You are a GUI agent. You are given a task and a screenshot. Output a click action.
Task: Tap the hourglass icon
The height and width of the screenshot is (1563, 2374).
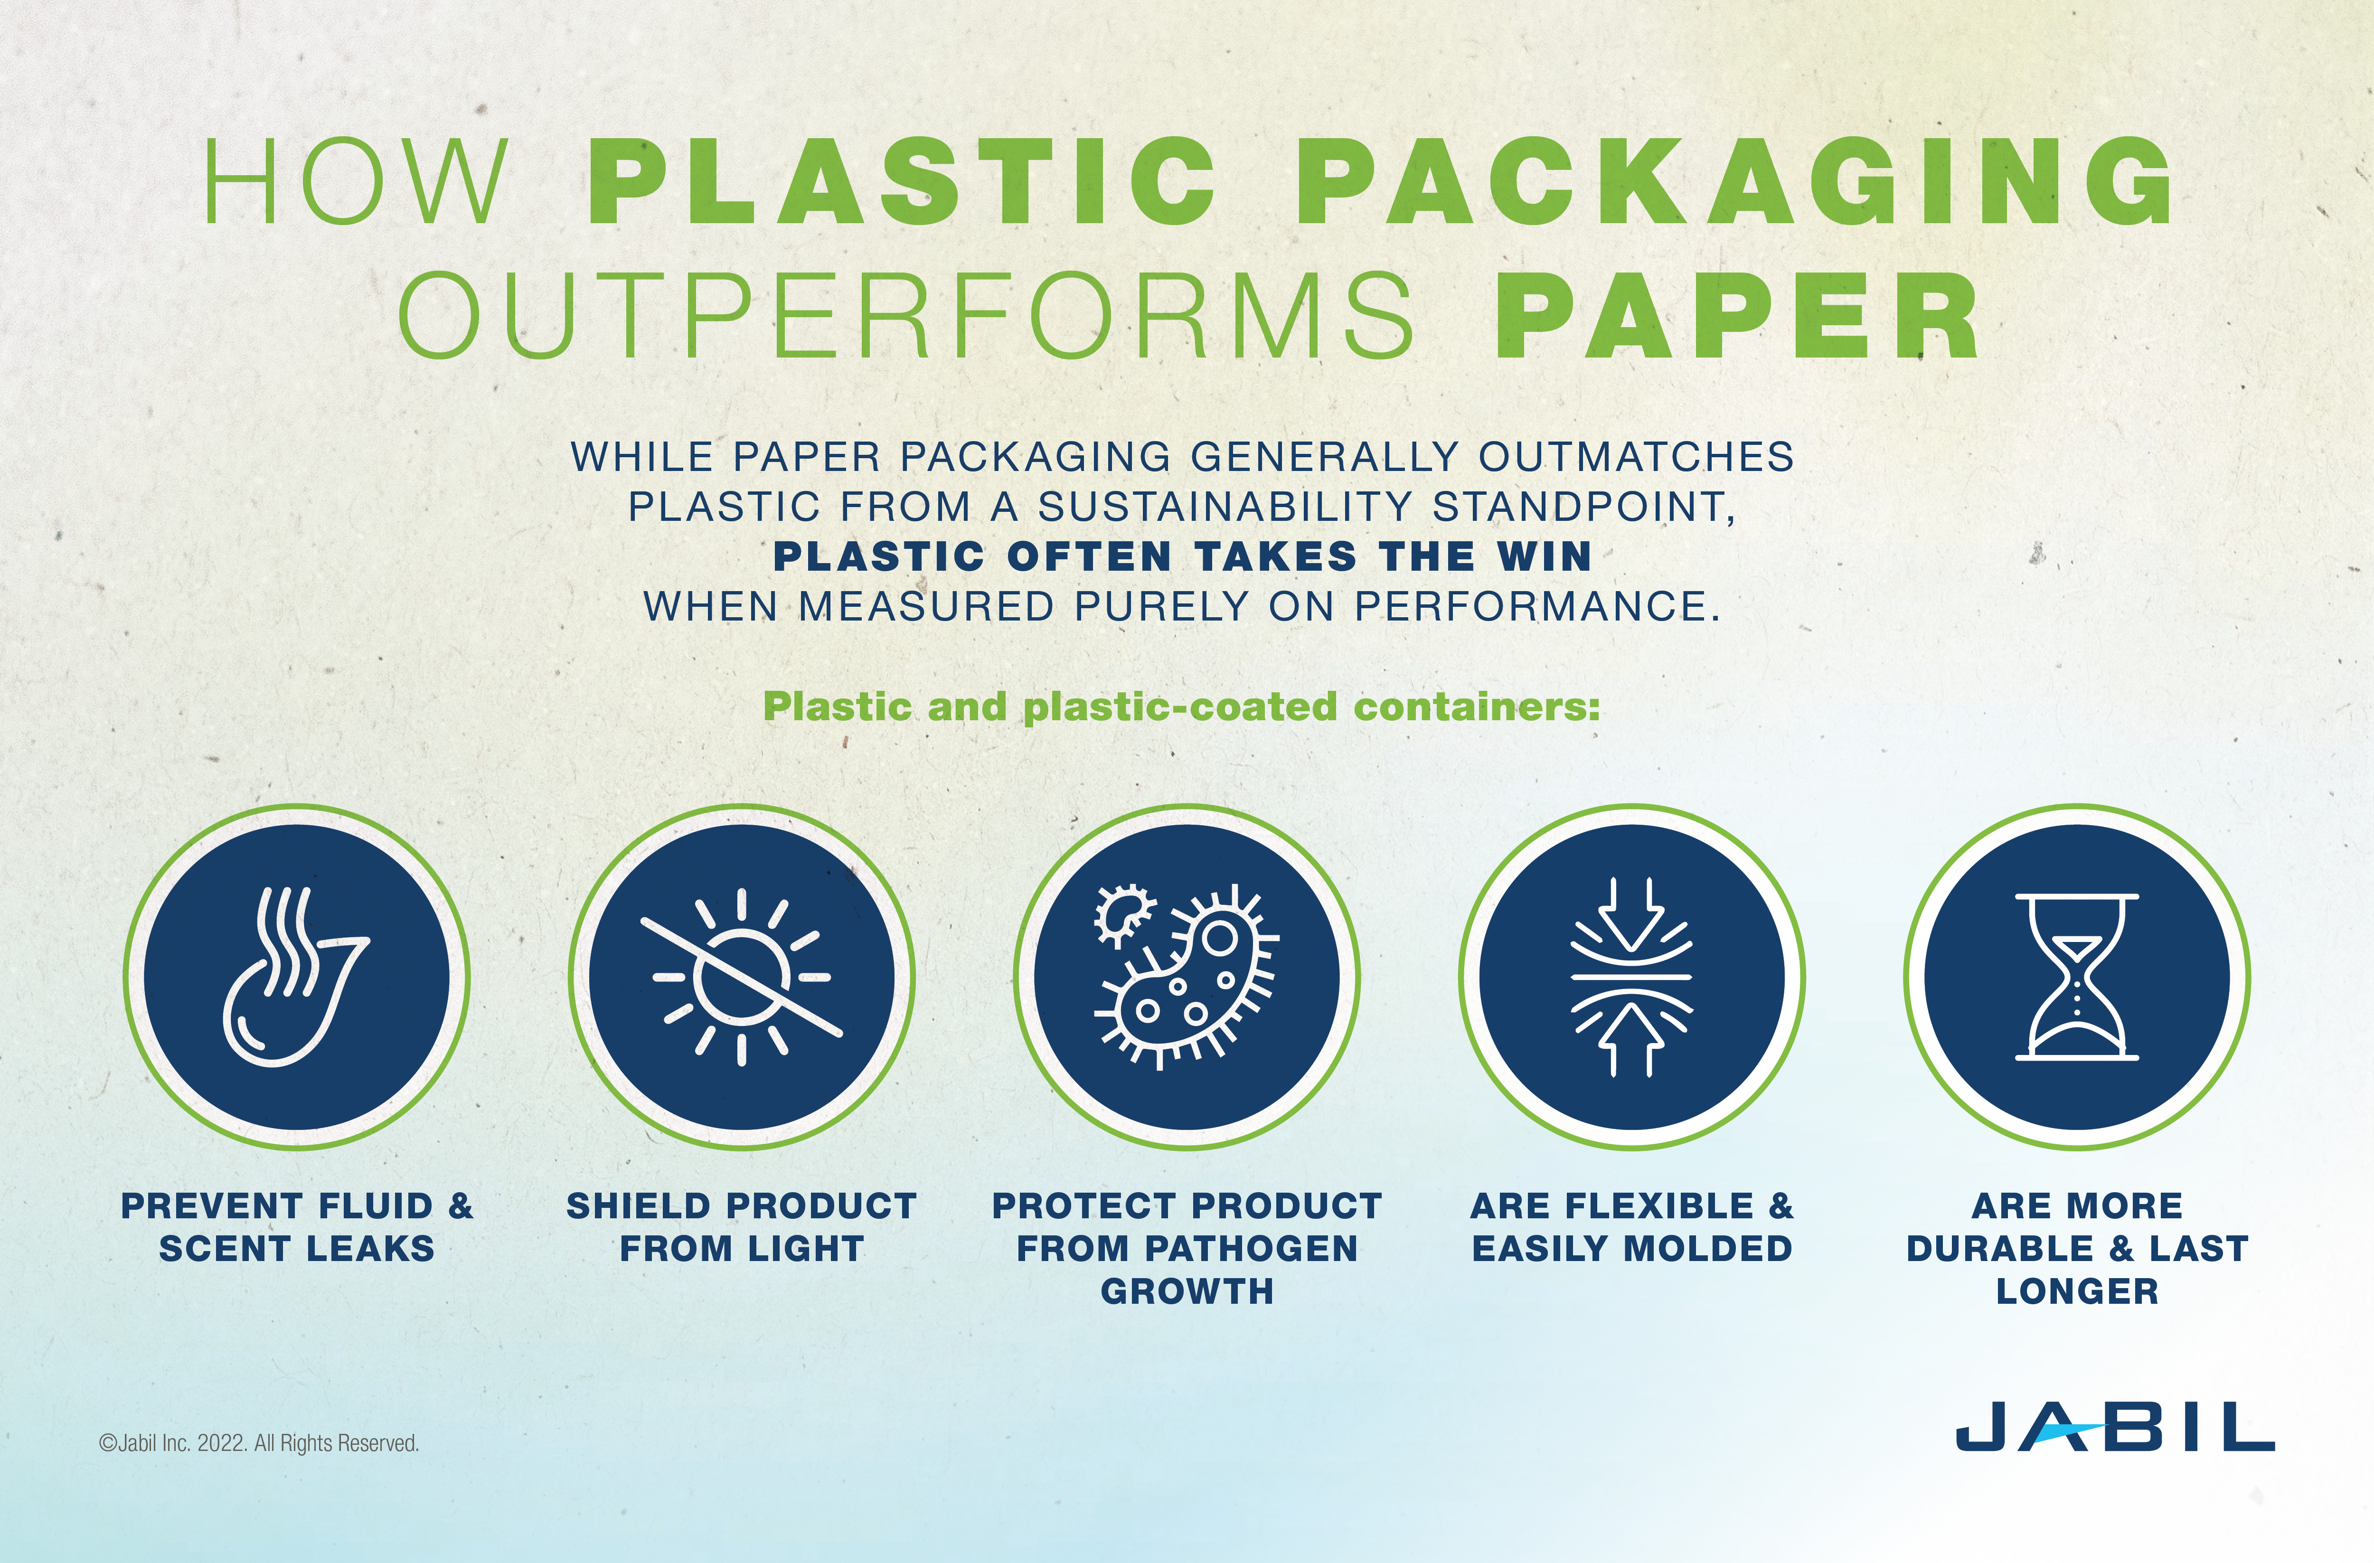[2077, 977]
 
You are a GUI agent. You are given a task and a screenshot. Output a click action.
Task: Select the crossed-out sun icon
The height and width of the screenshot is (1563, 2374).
[741, 977]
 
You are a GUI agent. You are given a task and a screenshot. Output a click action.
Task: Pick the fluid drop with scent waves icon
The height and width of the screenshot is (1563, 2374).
[295, 977]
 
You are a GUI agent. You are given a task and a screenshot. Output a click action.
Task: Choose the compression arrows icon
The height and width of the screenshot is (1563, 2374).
[1632, 977]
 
